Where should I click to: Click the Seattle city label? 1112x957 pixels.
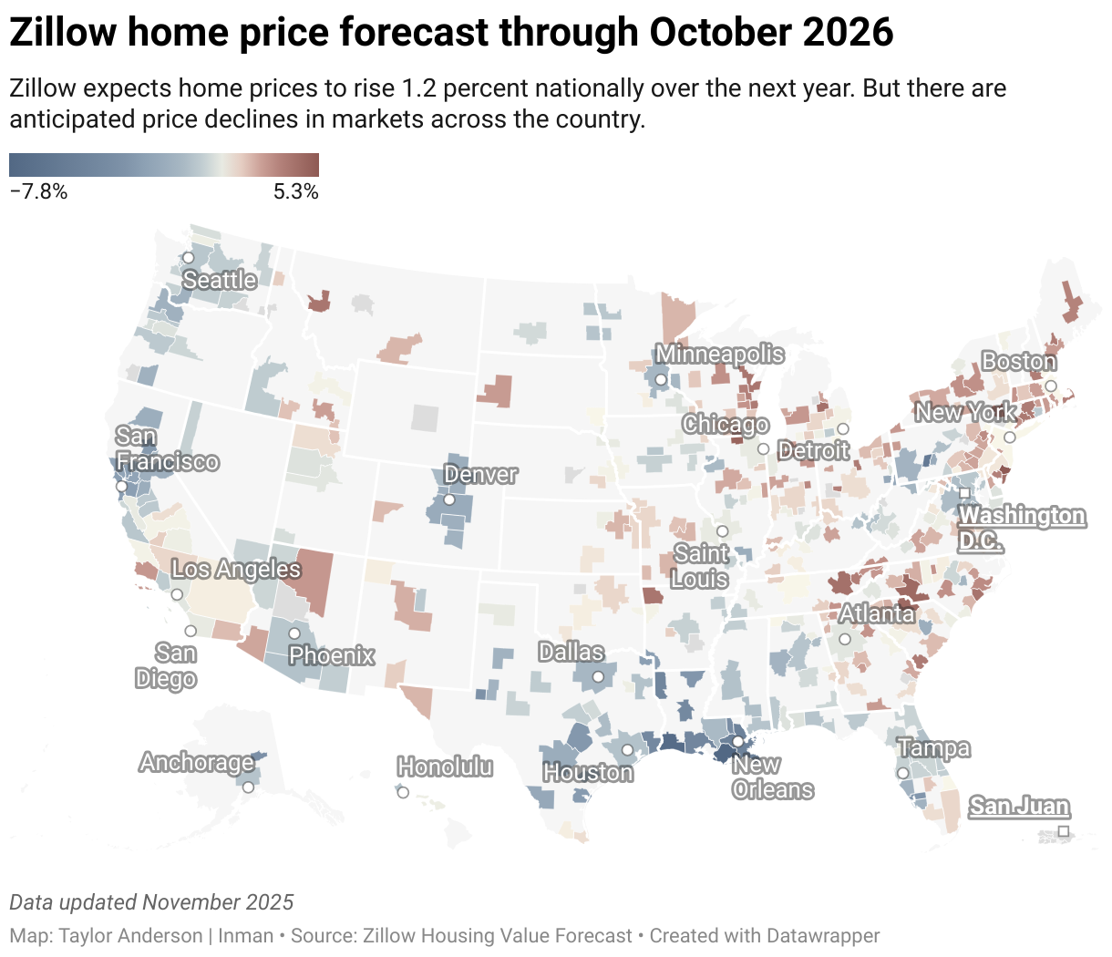(220, 281)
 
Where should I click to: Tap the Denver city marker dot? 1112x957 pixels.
(449, 499)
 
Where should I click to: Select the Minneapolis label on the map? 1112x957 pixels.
(720, 355)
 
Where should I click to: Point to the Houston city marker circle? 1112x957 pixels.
(627, 750)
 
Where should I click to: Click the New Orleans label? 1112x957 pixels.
(773, 777)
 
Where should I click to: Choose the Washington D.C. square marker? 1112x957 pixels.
(964, 493)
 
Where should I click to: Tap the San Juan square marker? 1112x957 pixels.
(1064, 831)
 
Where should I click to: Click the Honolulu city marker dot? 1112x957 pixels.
(403, 792)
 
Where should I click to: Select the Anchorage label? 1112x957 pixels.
(196, 762)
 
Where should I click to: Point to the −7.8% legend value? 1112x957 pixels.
(38, 191)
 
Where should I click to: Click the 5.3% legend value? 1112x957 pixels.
(296, 191)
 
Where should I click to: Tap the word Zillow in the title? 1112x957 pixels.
(63, 32)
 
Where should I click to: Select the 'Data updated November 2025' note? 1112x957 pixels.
(151, 902)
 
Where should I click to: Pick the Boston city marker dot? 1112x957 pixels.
(1051, 386)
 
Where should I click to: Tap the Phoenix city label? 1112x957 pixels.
(332, 655)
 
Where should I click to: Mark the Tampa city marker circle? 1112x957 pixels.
(902, 773)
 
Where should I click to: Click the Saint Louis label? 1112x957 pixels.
(700, 566)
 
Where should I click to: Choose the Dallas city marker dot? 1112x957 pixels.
(598, 676)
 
